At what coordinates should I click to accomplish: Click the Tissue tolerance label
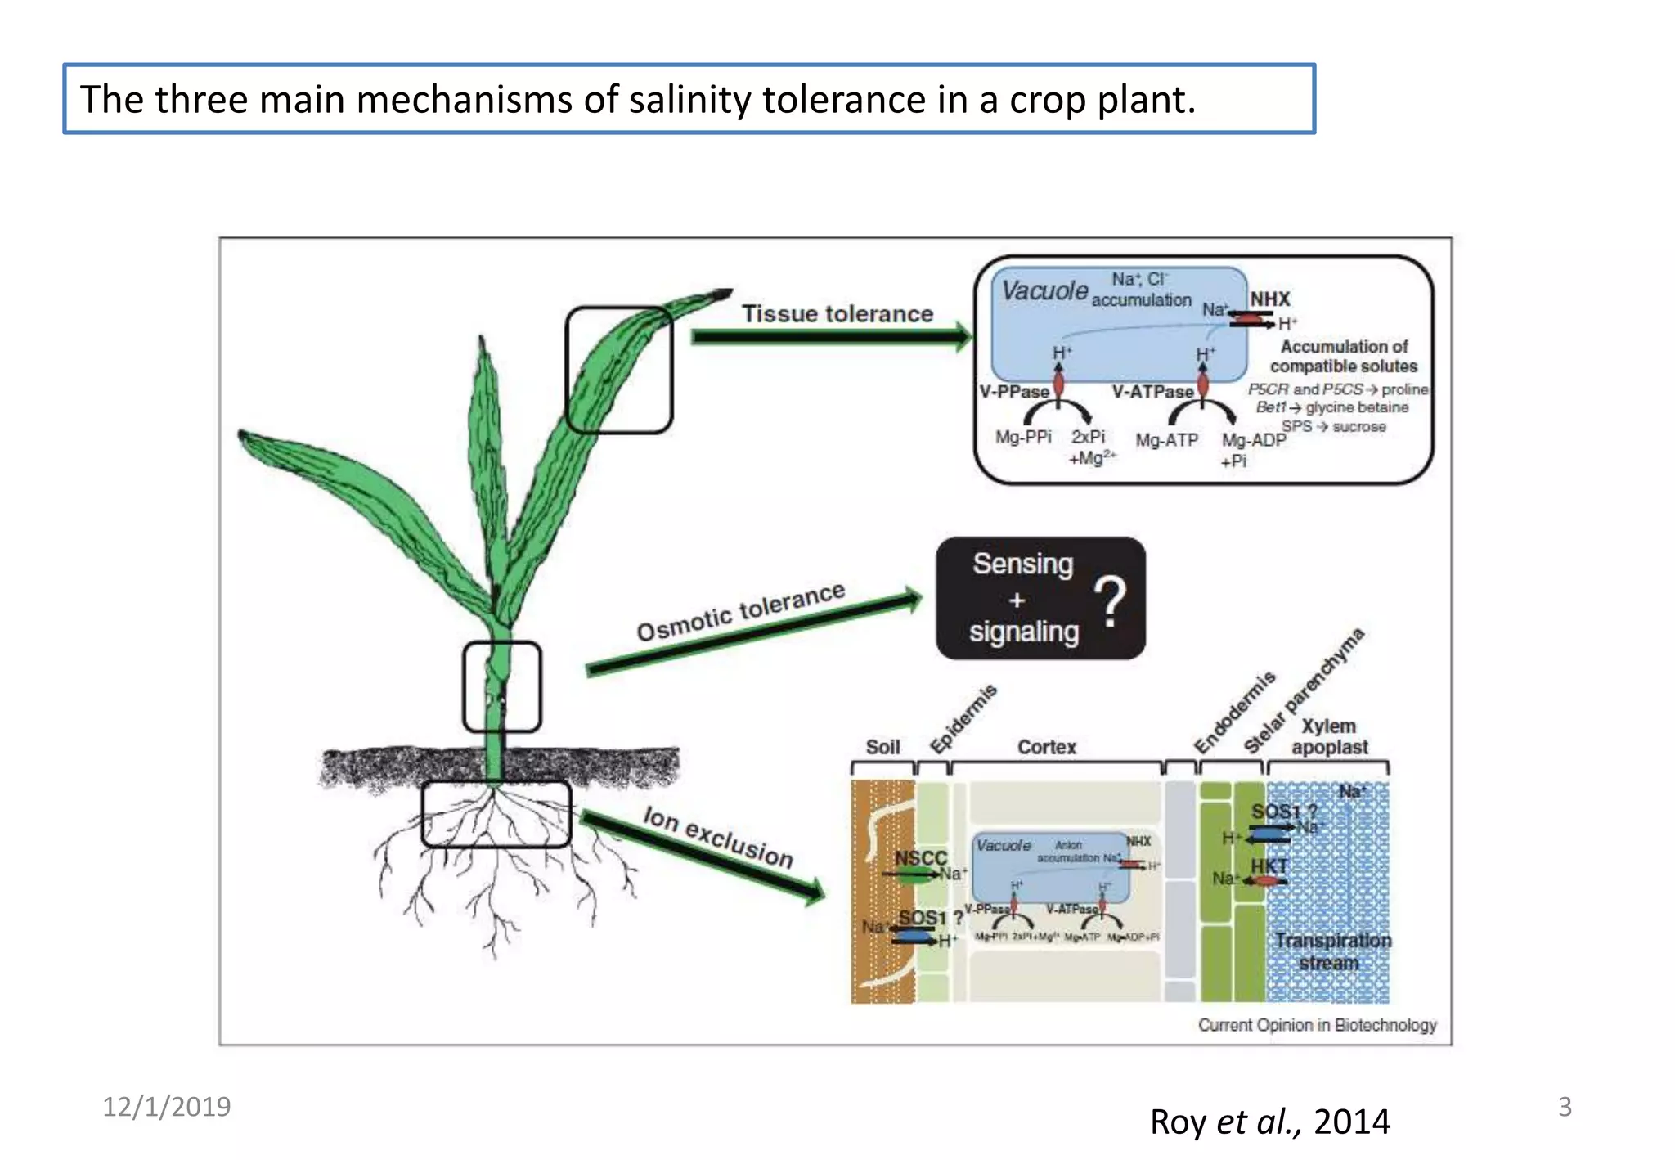pos(837,313)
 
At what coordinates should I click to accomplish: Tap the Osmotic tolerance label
pos(740,612)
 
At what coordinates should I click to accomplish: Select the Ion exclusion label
pos(718,837)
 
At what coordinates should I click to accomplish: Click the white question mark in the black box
pos(1110,601)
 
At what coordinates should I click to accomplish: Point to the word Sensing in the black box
pos(1022,564)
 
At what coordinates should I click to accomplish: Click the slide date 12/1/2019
pos(166,1107)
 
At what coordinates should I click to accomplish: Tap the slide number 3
pos(1564,1107)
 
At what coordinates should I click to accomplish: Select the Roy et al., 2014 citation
pos(1269,1122)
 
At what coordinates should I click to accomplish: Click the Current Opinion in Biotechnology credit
pos(1317,1025)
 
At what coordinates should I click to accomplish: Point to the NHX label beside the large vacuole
pos(1269,299)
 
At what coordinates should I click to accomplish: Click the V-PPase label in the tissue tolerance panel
pos(1013,392)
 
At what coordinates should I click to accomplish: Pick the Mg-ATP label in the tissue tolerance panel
pos(1166,440)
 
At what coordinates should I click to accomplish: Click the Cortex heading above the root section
pos(1046,747)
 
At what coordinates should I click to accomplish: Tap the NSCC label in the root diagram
pos(920,858)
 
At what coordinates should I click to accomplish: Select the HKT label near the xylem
pos(1269,866)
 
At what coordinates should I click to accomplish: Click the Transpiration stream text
pos(1332,951)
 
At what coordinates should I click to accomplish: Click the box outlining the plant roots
pos(496,814)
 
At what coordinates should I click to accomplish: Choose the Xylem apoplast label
pos(1329,736)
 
